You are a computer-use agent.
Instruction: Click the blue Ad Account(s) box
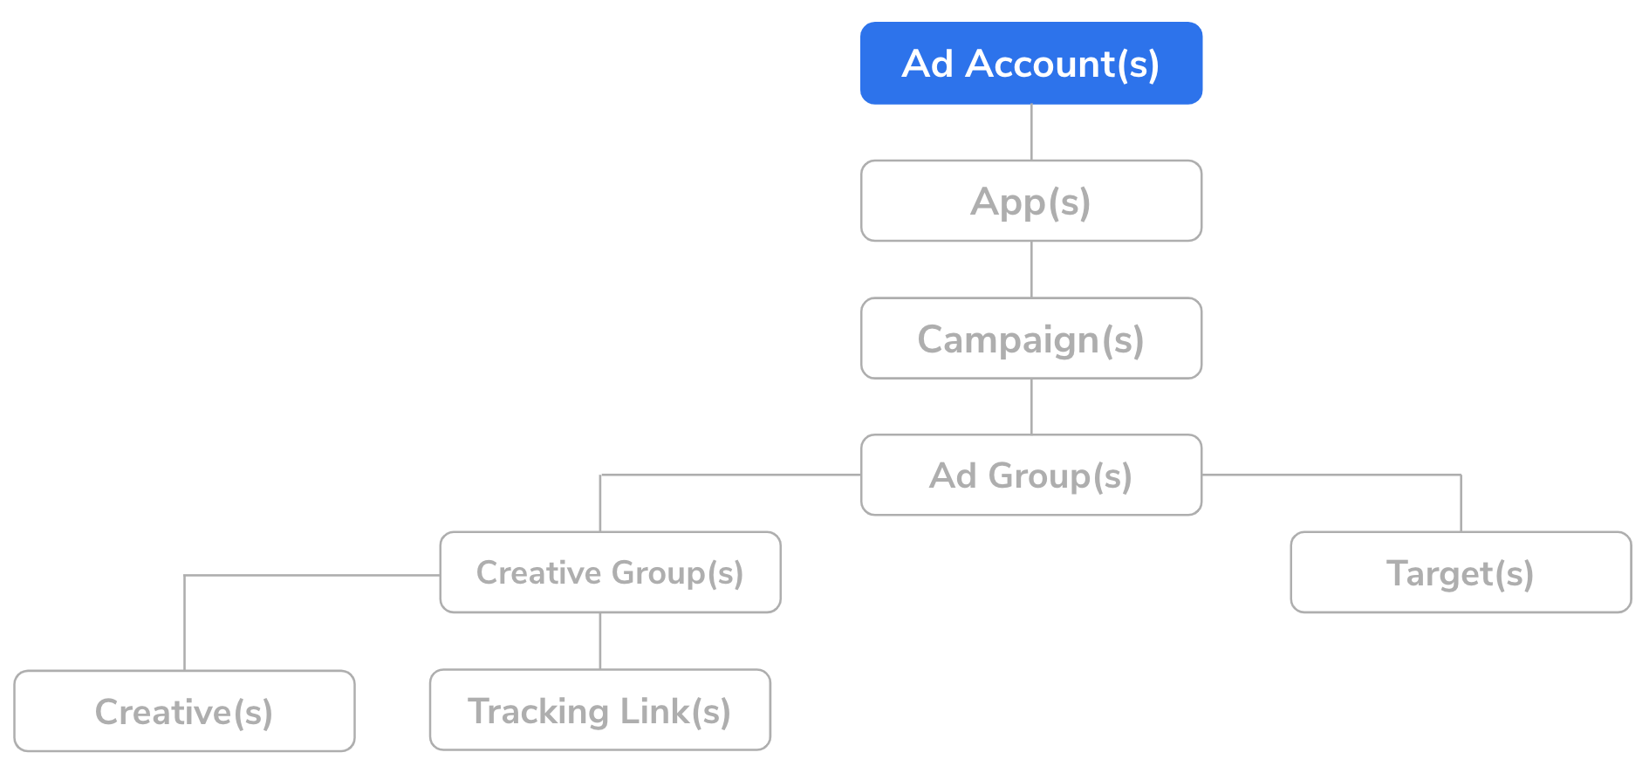1031,63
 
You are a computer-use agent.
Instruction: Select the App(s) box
1031,201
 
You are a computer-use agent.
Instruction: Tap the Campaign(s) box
1031,339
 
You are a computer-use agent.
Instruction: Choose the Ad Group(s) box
1031,475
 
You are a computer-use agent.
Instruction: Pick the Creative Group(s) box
610,572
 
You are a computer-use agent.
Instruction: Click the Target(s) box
1461,572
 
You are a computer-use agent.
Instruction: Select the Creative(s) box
184,711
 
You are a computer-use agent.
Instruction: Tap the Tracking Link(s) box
600,710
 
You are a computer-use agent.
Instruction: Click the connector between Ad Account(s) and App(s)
1031,133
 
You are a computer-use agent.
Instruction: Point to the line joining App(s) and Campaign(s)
1031,270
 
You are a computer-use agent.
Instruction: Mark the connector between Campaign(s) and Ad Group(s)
1031,407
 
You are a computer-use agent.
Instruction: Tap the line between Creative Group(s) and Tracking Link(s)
600,641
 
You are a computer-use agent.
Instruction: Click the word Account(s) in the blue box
1063,64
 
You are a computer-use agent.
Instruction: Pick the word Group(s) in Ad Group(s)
1060,476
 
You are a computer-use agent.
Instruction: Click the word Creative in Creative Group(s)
539,572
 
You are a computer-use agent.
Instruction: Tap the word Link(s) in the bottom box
675,711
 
